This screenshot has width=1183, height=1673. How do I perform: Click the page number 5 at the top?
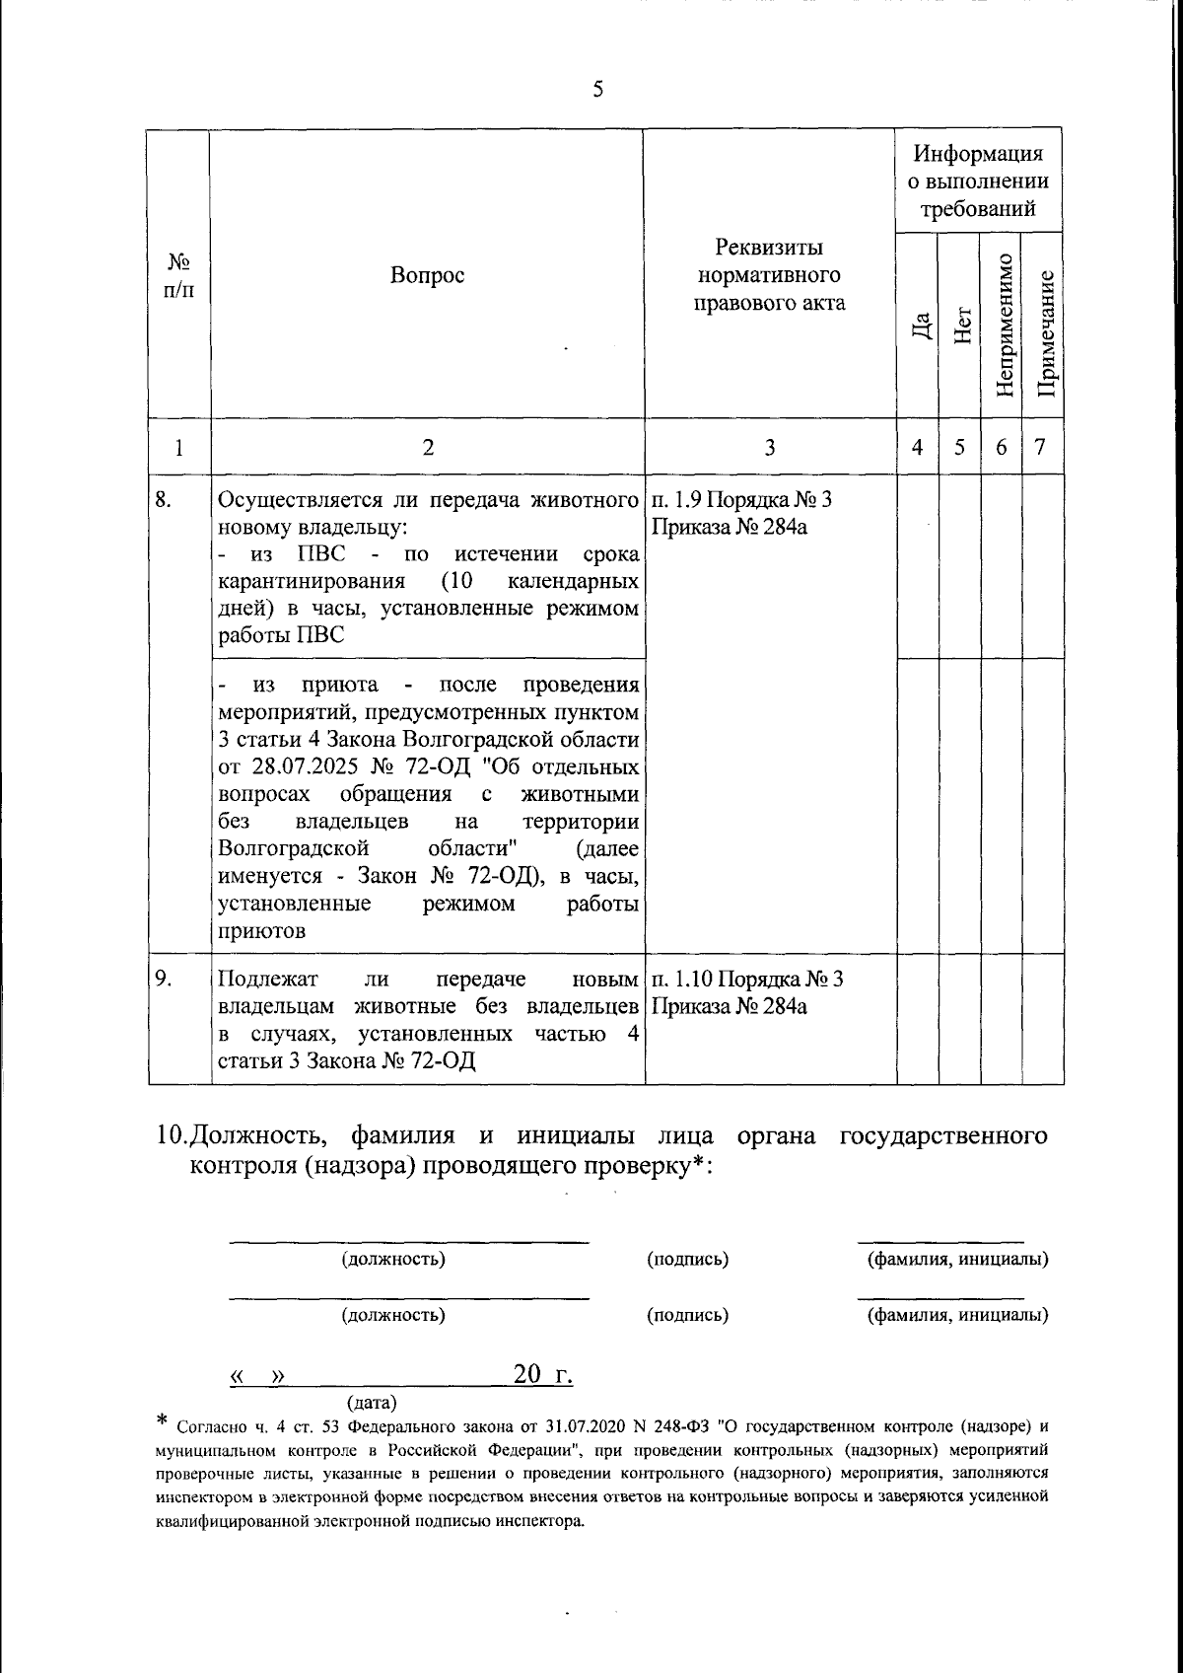click(x=597, y=91)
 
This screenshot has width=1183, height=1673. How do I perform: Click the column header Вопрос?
click(x=427, y=275)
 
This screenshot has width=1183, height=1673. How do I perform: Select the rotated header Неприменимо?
click(x=1004, y=326)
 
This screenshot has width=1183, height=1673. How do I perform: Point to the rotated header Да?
click(x=919, y=327)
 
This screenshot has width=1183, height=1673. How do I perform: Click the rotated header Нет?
click(x=961, y=326)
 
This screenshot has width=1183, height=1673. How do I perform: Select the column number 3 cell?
click(x=769, y=447)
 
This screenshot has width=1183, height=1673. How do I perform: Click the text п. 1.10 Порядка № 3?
click(x=746, y=980)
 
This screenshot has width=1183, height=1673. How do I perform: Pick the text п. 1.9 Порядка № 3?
click(x=740, y=499)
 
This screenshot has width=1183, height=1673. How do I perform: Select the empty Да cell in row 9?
click(x=917, y=1019)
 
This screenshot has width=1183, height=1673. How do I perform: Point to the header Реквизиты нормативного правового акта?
click(x=769, y=274)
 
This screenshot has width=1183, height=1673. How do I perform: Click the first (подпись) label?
click(x=687, y=1260)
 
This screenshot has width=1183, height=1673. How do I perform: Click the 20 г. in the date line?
click(x=542, y=1374)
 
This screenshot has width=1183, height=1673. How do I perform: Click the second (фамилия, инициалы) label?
click(x=956, y=1315)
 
